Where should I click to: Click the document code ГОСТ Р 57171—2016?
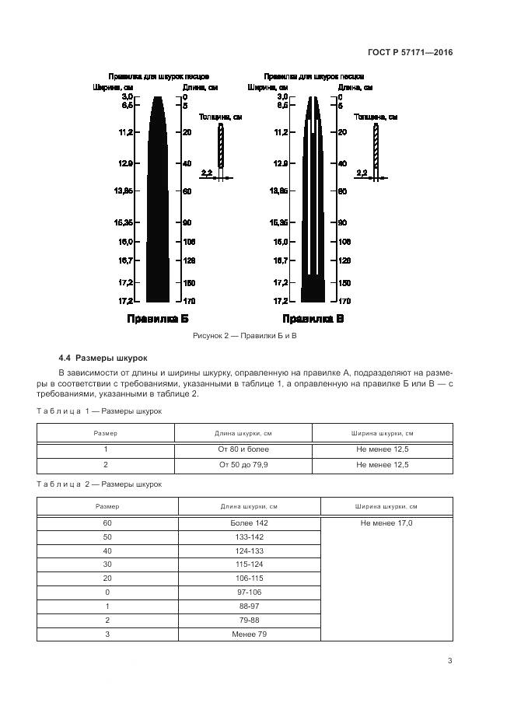[x=410, y=53]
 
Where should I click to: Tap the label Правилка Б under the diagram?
[x=159, y=319]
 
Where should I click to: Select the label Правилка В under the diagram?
[x=313, y=319]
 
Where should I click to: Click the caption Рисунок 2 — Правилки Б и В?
[x=245, y=335]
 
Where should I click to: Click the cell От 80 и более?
[x=243, y=449]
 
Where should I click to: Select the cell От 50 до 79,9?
[x=243, y=464]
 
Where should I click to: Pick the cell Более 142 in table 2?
[x=249, y=523]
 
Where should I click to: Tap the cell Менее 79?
[x=249, y=634]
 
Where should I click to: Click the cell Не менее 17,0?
[x=386, y=523]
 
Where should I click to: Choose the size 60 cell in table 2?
[x=107, y=523]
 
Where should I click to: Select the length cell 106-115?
[x=249, y=578]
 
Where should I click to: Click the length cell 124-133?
[x=249, y=551]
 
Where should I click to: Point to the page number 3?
[x=449, y=661]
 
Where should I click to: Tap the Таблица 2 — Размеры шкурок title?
[x=100, y=484]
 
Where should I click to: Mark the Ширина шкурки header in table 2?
[x=386, y=506]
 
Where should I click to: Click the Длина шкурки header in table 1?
[x=243, y=433]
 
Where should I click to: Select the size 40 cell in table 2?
[x=107, y=551]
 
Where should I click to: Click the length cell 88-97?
[x=249, y=606]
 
